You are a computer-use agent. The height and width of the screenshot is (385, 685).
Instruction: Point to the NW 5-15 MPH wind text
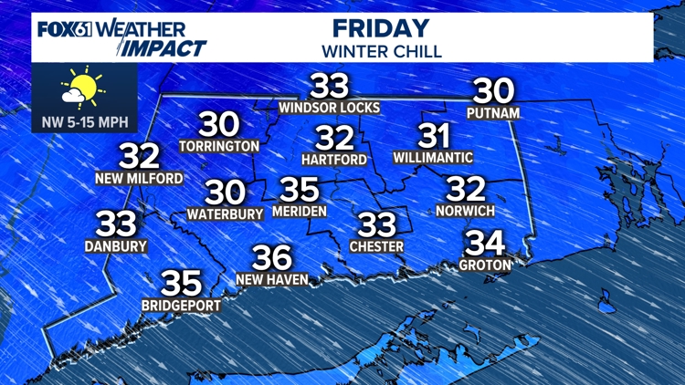pyautogui.click(x=85, y=120)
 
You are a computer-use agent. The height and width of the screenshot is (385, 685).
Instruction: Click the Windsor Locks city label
pyautogui.click(x=330, y=108)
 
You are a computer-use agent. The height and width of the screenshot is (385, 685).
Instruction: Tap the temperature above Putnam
pyautogui.click(x=492, y=90)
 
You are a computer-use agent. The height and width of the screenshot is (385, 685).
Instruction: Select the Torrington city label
pyautogui.click(x=219, y=145)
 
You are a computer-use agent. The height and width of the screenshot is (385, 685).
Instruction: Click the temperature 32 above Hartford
pyautogui.click(x=334, y=139)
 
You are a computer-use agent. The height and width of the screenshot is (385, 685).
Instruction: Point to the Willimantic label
pyautogui.click(x=433, y=158)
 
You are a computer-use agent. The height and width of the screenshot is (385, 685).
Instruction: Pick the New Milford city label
pyautogui.click(x=139, y=178)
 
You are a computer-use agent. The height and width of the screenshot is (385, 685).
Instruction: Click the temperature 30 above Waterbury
pyautogui.click(x=225, y=192)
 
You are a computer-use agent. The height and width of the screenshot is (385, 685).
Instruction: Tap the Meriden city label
pyautogui.click(x=299, y=212)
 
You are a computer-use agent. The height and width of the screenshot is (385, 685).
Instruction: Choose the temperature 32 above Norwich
pyautogui.click(x=465, y=189)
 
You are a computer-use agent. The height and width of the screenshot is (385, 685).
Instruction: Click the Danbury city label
pyautogui.click(x=116, y=245)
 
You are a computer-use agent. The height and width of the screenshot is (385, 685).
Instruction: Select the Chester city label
pyautogui.click(x=376, y=246)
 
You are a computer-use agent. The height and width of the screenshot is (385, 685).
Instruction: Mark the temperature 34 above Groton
pyautogui.click(x=485, y=243)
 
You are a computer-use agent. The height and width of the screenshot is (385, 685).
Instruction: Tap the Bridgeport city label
pyautogui.click(x=181, y=306)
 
